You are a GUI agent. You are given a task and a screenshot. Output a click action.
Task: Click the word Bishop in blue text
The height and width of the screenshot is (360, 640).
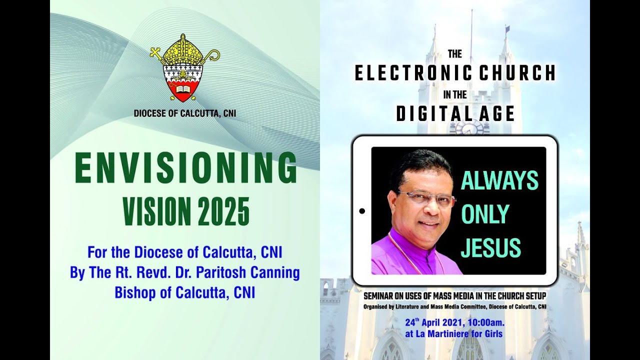(134, 292)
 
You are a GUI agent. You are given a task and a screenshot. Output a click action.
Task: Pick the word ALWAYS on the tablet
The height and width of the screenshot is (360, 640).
(499, 181)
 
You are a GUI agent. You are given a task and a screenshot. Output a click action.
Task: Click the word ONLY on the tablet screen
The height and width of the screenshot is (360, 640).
(484, 214)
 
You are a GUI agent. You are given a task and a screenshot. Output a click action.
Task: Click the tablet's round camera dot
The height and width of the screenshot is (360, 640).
(362, 211)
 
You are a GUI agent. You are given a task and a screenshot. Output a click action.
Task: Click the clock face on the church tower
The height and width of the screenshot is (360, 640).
(469, 129)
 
